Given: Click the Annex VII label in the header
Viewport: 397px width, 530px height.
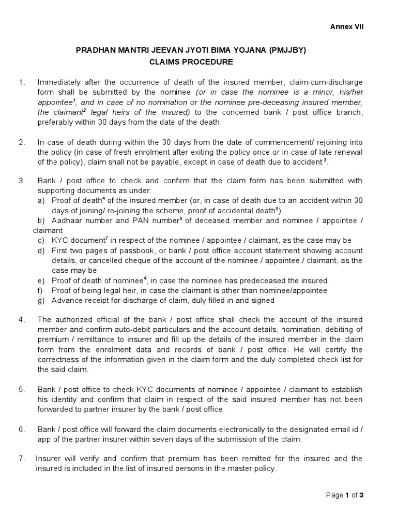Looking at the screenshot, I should click(347, 27).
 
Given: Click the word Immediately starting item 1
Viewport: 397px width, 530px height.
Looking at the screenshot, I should click(60, 83).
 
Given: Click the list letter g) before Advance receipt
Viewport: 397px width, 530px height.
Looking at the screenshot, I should click(41, 300).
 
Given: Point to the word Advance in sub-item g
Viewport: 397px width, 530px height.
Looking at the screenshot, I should click(66, 300).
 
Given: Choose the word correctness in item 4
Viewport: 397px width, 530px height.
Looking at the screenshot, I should click(59, 360).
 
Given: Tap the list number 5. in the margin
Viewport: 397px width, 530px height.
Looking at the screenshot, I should click(22, 389).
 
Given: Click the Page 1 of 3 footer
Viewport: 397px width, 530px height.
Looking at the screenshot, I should click(345, 495).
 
